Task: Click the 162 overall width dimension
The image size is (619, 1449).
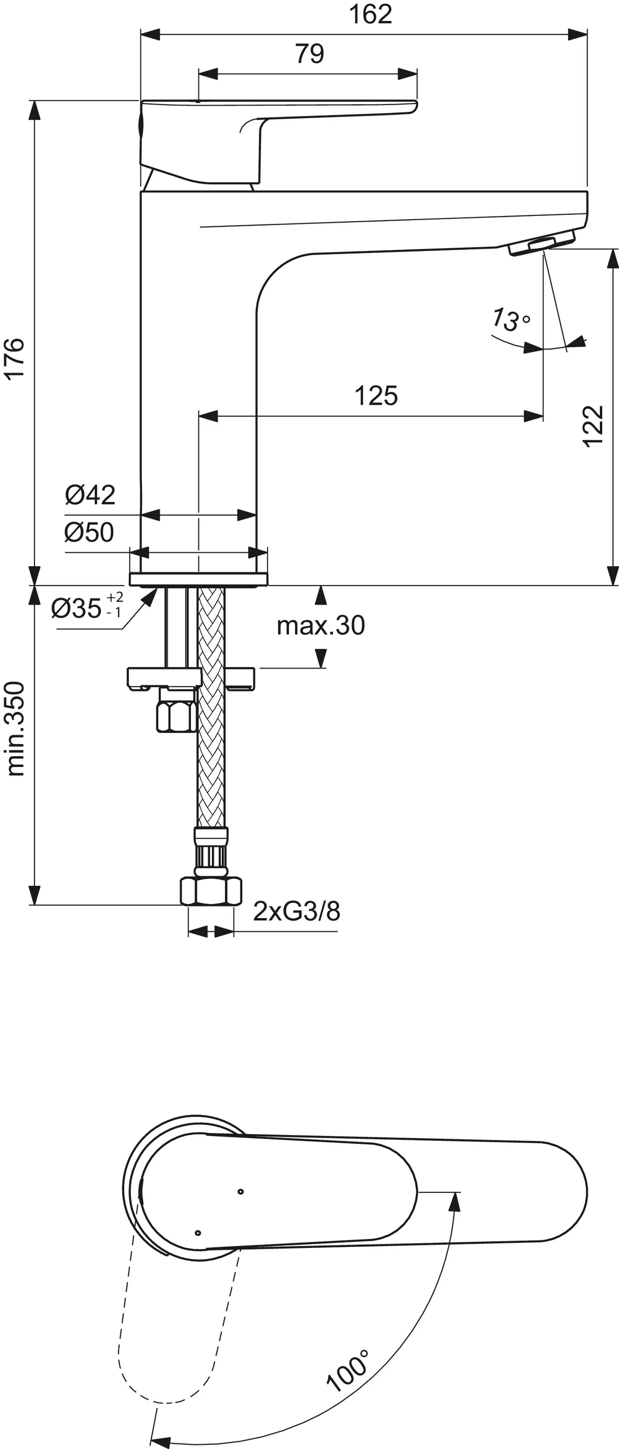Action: pos(370,14)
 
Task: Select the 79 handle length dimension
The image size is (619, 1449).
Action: pos(309,54)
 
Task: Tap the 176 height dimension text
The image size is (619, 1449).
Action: pos(15,358)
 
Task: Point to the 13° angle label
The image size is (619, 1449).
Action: pos(510,319)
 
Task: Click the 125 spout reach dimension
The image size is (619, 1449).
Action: pos(376,395)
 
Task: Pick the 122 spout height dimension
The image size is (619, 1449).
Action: pos(593,426)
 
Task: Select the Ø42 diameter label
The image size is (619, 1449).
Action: pos(90,494)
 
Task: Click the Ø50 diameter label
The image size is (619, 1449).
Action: pos(89,531)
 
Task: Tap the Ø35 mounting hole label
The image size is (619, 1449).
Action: pos(87,608)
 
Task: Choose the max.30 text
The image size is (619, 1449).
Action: pos(321,625)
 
